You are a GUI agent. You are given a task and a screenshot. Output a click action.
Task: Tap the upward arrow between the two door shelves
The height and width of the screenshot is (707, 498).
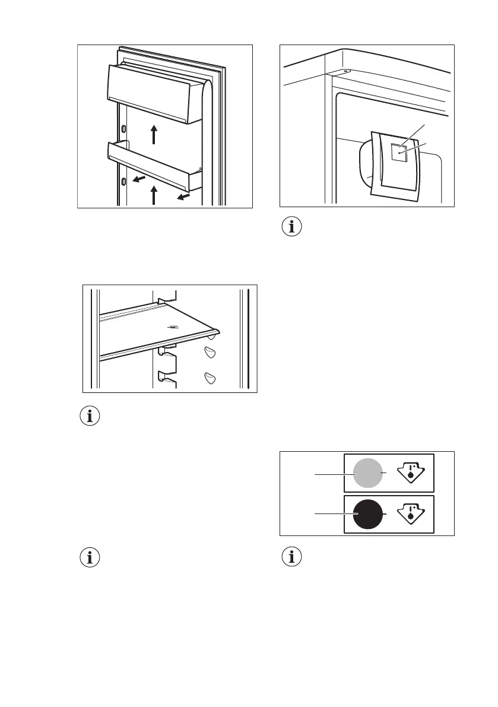(154, 135)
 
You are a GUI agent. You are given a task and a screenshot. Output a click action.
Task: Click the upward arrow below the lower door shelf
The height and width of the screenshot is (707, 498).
(154, 195)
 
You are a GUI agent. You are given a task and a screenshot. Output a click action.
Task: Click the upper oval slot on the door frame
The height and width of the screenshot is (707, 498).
(123, 129)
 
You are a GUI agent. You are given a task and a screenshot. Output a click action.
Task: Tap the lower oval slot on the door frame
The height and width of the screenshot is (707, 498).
(123, 180)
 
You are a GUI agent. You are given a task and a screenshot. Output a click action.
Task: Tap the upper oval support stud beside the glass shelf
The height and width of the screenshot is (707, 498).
(209, 351)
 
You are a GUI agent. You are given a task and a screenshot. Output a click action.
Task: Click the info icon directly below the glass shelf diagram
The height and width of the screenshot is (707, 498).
(90, 416)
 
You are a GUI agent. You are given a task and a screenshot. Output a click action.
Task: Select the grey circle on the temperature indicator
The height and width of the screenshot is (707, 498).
(368, 473)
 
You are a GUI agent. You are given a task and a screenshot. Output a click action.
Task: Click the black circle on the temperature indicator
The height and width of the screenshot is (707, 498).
(368, 513)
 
